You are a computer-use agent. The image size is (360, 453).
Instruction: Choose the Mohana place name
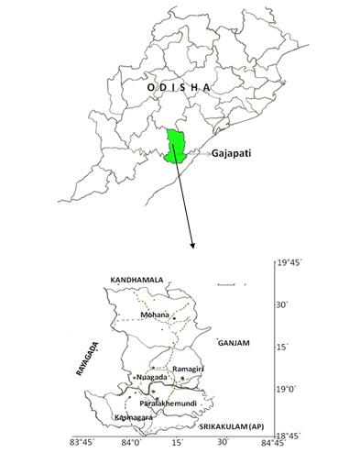tap(155, 315)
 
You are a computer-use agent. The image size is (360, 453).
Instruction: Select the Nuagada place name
tap(151, 377)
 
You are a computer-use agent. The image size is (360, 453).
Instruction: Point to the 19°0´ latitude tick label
tap(293, 390)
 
